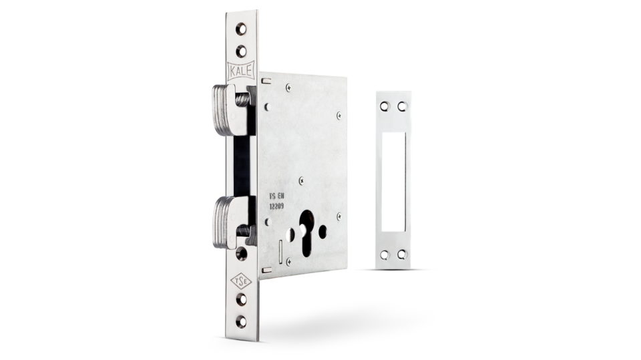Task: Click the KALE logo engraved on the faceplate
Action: pos(241,70)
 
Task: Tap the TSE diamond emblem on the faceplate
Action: pos(241,281)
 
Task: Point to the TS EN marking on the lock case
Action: pos(276,196)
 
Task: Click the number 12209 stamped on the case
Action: pos(276,206)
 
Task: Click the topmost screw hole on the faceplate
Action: pos(241,29)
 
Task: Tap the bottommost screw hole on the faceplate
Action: pos(241,321)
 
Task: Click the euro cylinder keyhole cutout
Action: pos(306,233)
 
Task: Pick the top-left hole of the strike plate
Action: pos(385,107)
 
